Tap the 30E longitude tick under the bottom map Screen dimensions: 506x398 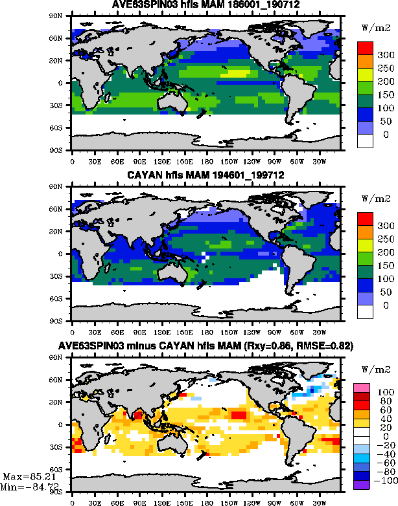point(94,502)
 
